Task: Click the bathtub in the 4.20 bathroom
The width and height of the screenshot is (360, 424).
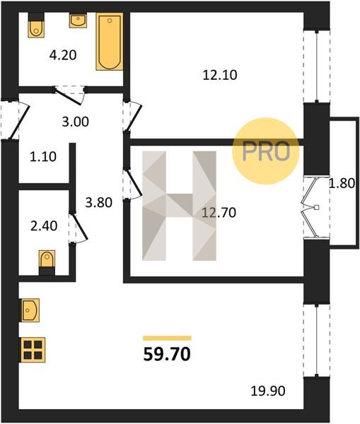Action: pyautogui.click(x=110, y=42)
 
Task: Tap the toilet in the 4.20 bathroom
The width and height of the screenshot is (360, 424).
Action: pyautogui.click(x=36, y=25)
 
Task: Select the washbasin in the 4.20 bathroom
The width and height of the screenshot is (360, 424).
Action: pyautogui.click(x=78, y=20)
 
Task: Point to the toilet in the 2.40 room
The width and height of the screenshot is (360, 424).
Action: pyautogui.click(x=47, y=262)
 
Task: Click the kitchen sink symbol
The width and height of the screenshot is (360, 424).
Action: pyautogui.click(x=29, y=310)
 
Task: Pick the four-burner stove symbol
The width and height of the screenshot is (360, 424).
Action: pyautogui.click(x=32, y=350)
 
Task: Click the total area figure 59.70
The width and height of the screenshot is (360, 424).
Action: pyautogui.click(x=167, y=354)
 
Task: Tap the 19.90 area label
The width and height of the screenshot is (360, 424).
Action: pyautogui.click(x=268, y=391)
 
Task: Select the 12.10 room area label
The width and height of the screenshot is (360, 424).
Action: pyautogui.click(x=220, y=75)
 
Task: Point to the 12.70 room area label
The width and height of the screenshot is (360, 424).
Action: pyautogui.click(x=219, y=213)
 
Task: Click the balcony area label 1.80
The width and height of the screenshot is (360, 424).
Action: pyautogui.click(x=342, y=184)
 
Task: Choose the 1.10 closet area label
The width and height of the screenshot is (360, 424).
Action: pyautogui.click(x=43, y=157)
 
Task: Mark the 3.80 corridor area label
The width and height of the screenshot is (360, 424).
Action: pyautogui.click(x=99, y=203)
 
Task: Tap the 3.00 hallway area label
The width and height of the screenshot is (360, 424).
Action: pyautogui.click(x=75, y=122)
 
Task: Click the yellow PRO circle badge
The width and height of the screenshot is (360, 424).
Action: pyautogui.click(x=266, y=151)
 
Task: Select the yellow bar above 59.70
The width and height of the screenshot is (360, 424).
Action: pyautogui.click(x=167, y=338)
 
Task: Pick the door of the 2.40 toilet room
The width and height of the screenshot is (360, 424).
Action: pyautogui.click(x=79, y=228)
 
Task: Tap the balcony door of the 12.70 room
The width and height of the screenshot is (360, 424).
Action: pyautogui.click(x=308, y=207)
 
